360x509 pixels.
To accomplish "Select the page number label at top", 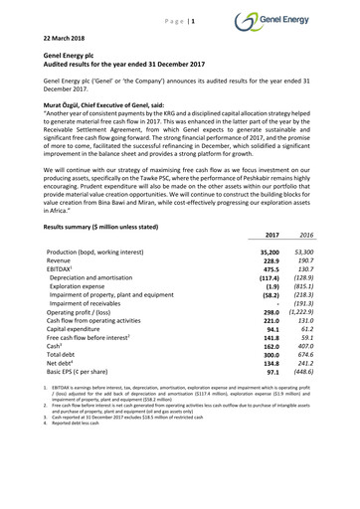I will click(179, 18).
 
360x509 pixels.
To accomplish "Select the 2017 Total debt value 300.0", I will click(268, 381).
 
